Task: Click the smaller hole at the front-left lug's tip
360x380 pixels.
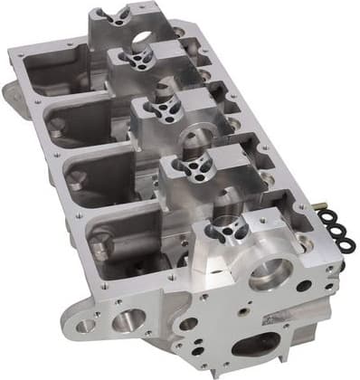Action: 86,325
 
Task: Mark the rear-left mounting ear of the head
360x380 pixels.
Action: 8,90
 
